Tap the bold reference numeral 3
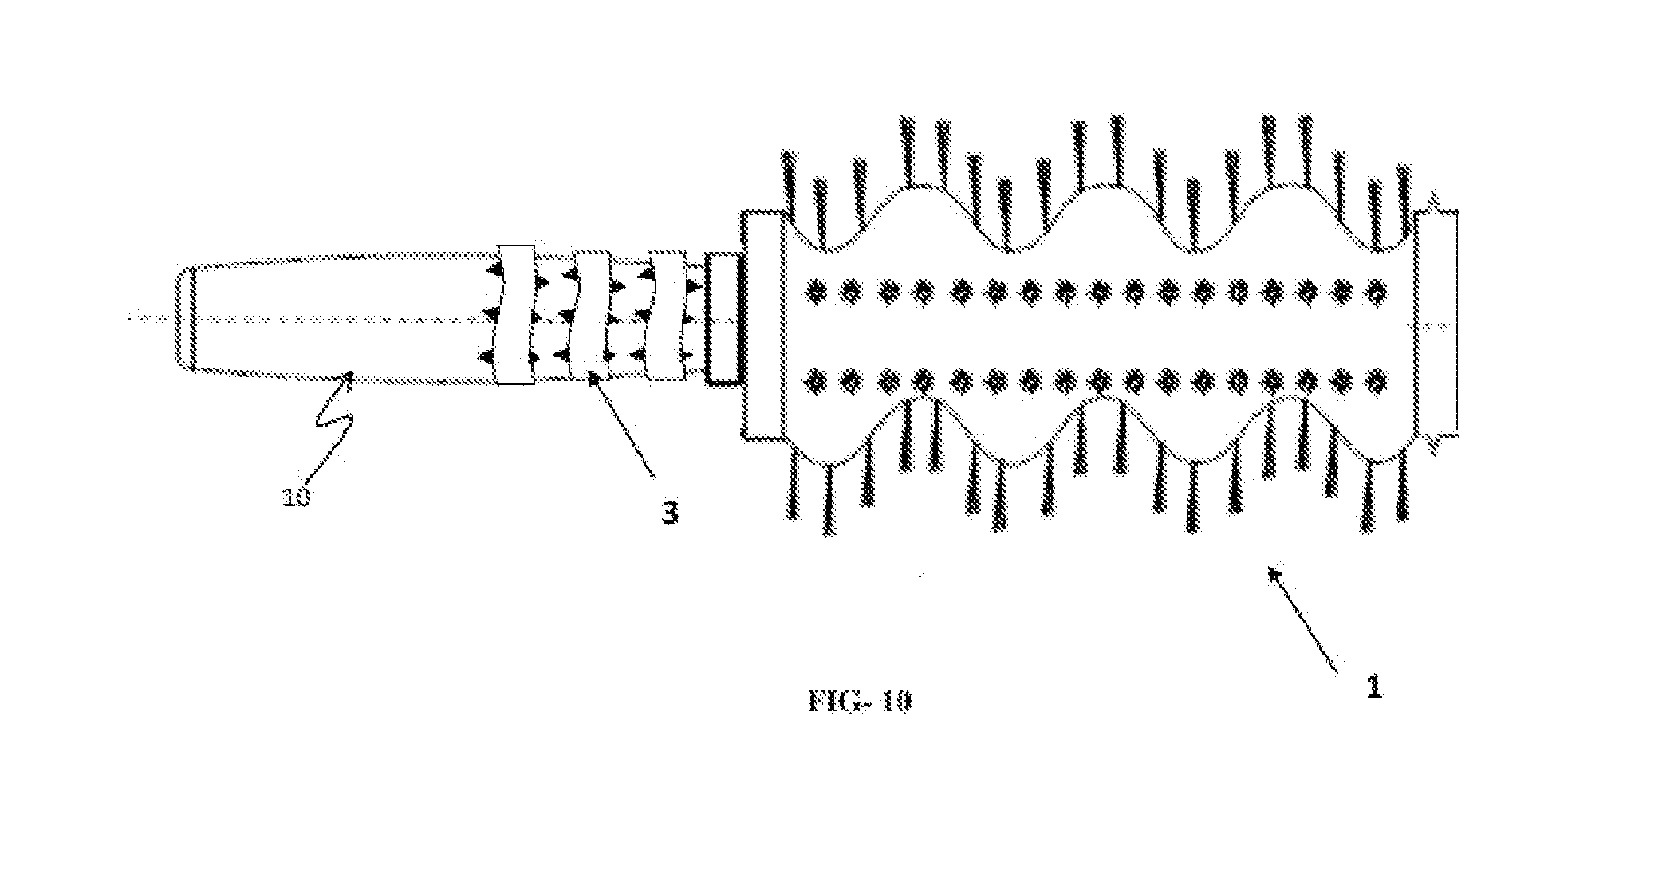[671, 513]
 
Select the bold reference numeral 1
[1373, 686]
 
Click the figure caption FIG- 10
[859, 701]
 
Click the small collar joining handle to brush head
[724, 317]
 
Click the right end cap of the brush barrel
[1436, 324]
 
